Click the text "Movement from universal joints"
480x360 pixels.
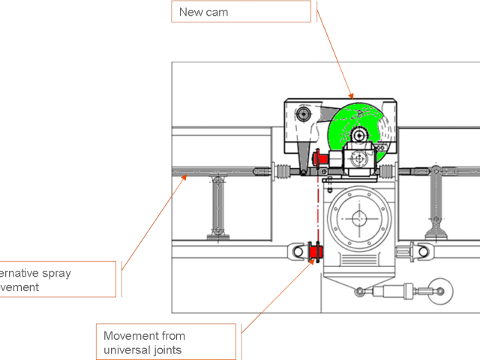(144, 343)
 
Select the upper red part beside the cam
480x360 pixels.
(317, 158)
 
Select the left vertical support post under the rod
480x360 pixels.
(217, 206)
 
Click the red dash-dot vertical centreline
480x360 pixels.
(318, 210)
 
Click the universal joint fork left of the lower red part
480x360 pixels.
(301, 250)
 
